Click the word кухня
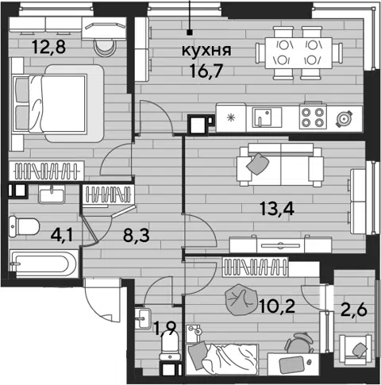206,50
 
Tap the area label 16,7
206,71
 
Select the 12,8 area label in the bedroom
48,47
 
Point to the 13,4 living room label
277,208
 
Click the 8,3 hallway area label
137,235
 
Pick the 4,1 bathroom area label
62,235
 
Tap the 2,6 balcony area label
354,310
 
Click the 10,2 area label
277,306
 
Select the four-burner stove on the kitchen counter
313,117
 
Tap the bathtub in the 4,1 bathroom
44,263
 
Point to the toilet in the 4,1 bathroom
24,226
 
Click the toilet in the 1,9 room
170,345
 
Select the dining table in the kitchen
298,53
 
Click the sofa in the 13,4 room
280,165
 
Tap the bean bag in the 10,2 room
241,300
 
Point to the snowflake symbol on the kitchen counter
231,117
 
